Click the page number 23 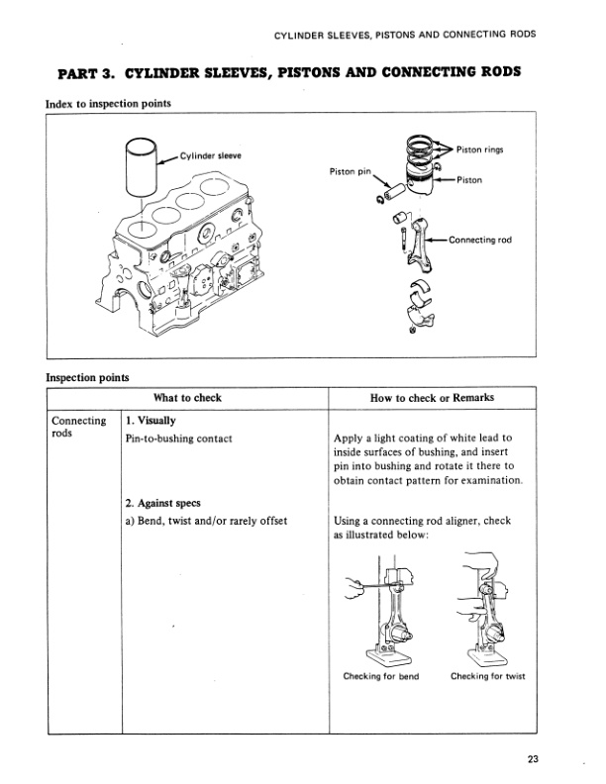tap(533, 759)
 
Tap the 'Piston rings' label tap(483, 149)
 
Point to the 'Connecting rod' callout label tap(480, 241)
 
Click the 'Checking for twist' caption tap(488, 677)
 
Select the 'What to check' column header tap(187, 398)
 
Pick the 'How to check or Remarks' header tap(432, 398)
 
